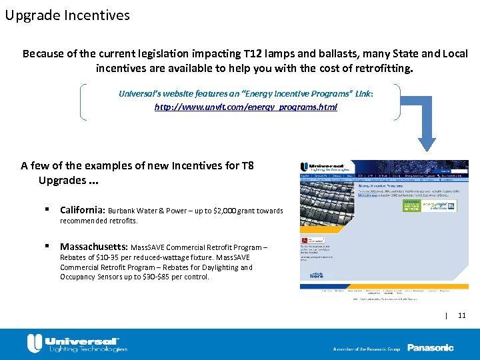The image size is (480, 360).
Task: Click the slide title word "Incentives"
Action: pos(97,15)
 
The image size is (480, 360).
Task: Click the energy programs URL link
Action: pos(245,107)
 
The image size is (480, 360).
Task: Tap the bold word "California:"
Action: pos(83,210)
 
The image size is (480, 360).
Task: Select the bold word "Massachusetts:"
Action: pos(94,246)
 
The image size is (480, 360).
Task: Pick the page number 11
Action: pos(462,315)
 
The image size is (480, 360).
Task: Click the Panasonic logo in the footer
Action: pos(430,347)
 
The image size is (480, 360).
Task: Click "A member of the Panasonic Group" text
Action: pos(365,348)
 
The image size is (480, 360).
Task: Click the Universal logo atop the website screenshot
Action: pos(323,167)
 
